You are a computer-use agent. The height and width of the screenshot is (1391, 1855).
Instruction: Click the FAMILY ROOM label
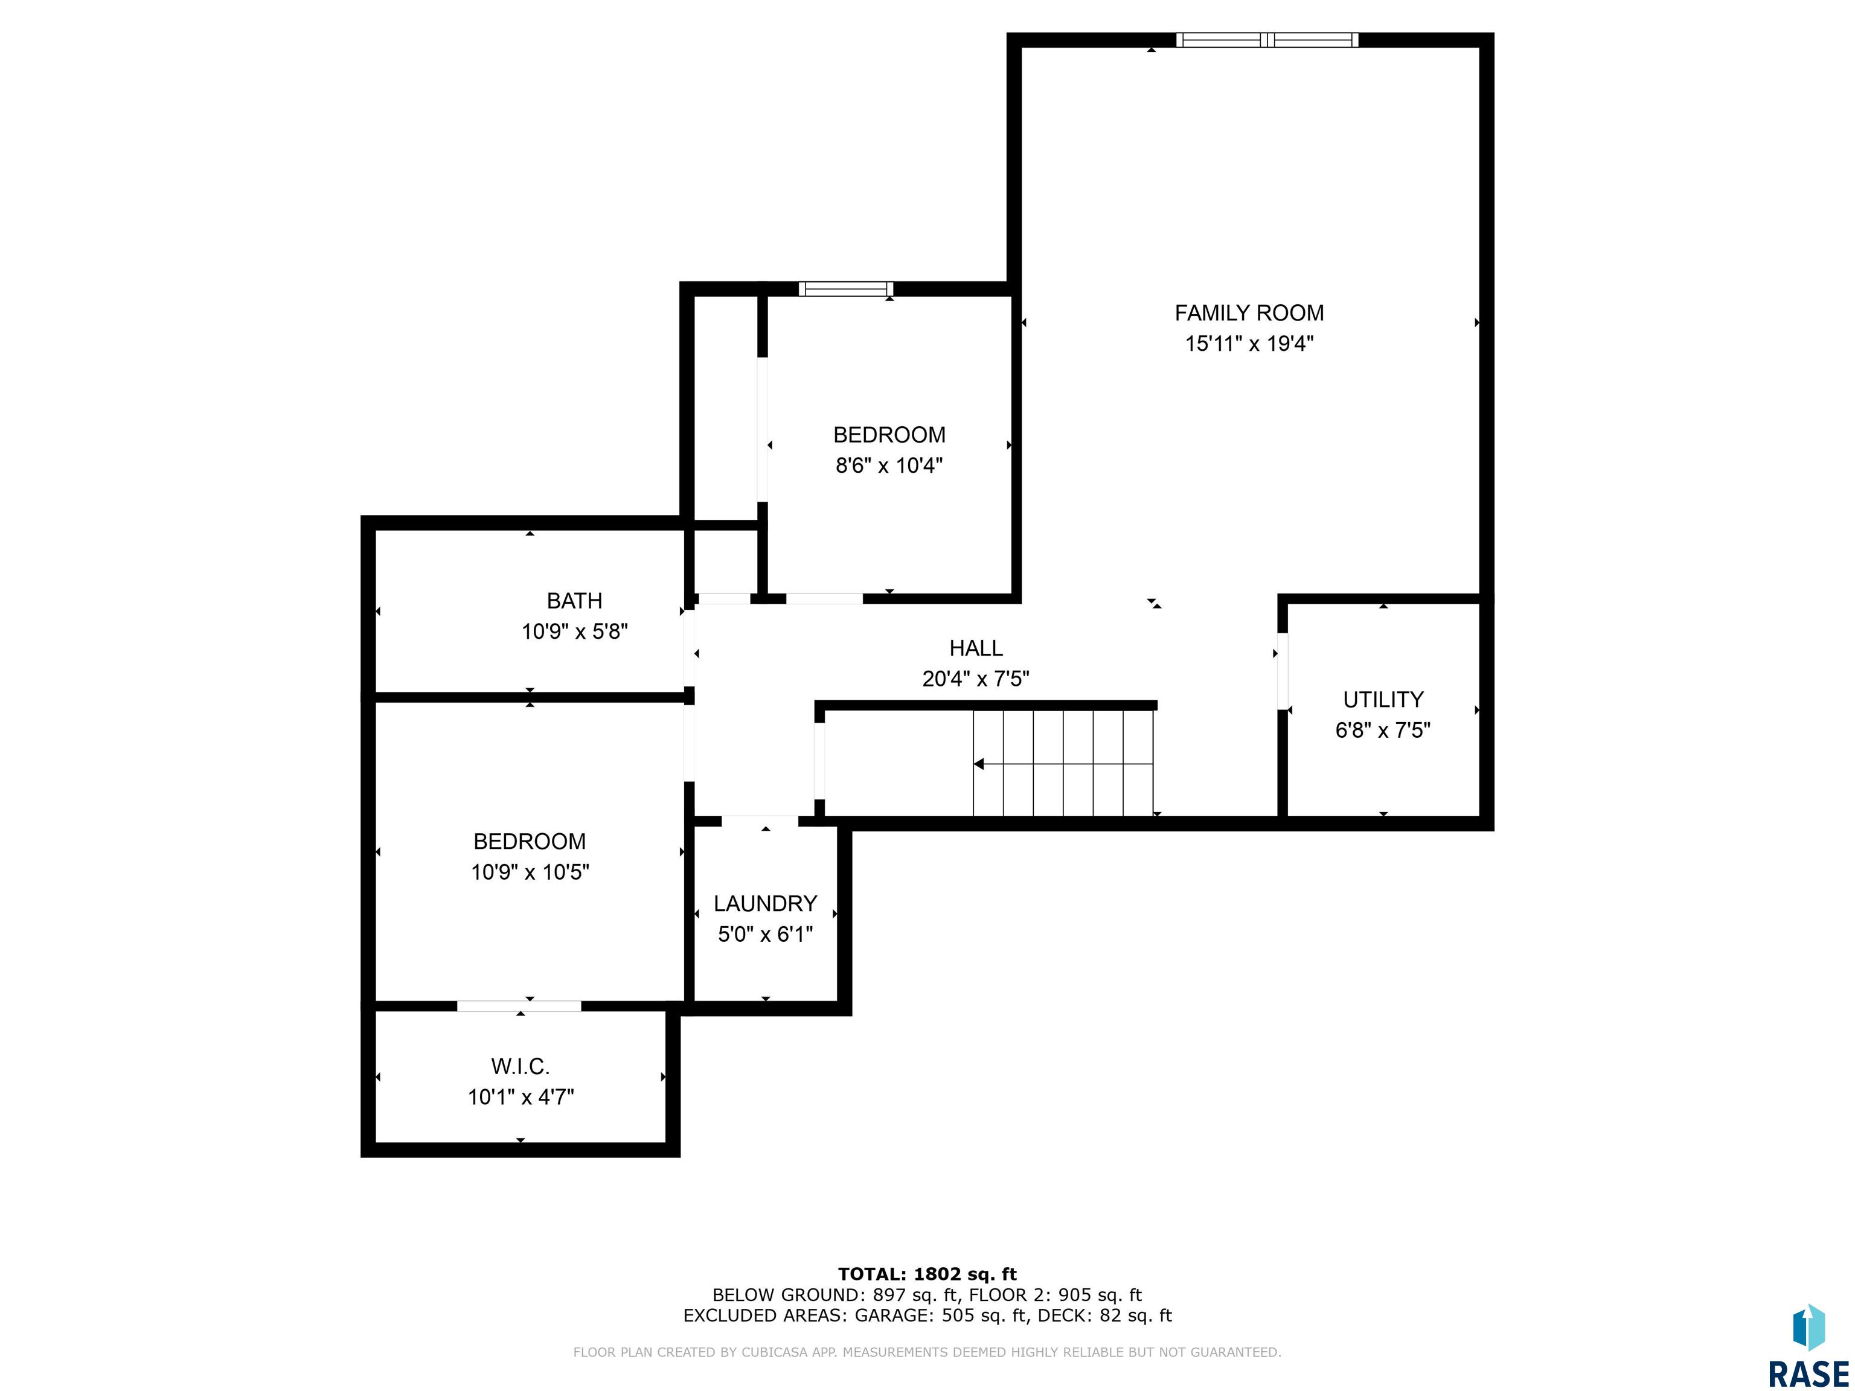(x=1249, y=313)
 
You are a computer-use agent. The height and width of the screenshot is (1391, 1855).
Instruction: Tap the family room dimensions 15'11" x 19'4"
(x=1249, y=344)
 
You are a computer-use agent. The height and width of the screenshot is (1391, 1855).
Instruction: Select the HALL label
(x=976, y=648)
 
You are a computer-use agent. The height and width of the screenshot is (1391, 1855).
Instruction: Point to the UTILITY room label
(x=1383, y=699)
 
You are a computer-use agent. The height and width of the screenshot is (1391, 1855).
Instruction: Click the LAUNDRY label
(x=765, y=904)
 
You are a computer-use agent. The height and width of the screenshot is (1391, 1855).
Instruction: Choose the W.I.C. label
(x=520, y=1067)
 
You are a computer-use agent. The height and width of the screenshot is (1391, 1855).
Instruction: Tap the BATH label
(x=574, y=600)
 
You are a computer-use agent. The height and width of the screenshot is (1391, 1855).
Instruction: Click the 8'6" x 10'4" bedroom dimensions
(x=889, y=465)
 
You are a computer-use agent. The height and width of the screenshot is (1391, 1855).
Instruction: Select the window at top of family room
(x=1267, y=39)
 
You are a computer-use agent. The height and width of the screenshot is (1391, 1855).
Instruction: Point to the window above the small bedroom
(x=845, y=289)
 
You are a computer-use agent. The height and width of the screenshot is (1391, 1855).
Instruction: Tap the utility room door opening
(x=1282, y=671)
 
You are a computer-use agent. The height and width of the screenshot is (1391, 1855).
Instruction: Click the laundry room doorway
(x=760, y=821)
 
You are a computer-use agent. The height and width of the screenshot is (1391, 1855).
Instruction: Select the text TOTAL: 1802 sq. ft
(x=927, y=1274)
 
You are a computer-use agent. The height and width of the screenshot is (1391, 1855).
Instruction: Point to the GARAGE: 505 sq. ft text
(x=940, y=1316)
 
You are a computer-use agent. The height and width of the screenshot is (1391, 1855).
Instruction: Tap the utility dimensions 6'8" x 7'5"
(x=1383, y=731)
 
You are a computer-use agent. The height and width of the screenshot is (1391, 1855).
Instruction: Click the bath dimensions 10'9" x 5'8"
(x=574, y=632)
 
